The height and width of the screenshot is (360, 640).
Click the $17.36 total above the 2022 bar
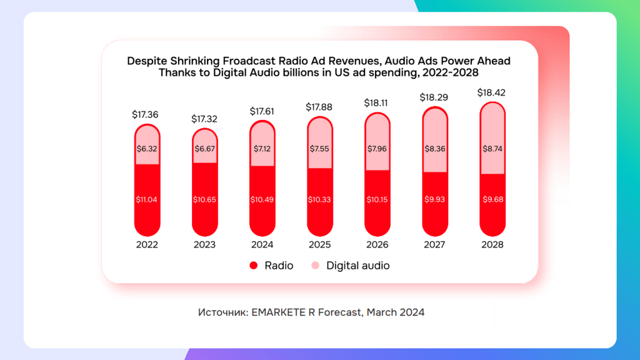[x=145, y=115]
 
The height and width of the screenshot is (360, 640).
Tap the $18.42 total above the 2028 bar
[x=491, y=92]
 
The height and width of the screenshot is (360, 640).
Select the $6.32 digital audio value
[x=147, y=149]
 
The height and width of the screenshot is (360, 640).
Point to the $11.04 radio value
[x=146, y=199]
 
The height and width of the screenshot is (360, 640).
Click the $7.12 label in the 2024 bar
[x=262, y=149]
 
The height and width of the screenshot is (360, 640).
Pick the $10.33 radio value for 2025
[x=319, y=199]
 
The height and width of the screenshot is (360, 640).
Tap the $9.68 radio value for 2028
[x=492, y=199]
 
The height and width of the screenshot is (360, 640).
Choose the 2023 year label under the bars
[x=204, y=244]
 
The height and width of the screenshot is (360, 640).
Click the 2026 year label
[x=377, y=244]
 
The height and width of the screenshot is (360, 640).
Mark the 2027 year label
[x=434, y=244]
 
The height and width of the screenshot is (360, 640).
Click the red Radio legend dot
[x=254, y=266]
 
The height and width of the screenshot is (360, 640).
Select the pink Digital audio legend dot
[x=315, y=266]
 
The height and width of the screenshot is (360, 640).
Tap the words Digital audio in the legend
[x=358, y=266]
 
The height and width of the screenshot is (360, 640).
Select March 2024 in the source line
[x=396, y=312]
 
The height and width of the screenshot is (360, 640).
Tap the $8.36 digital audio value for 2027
[x=435, y=149]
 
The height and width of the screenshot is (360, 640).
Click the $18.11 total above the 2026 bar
[x=376, y=103]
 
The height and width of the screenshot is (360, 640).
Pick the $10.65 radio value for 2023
[x=204, y=199]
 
